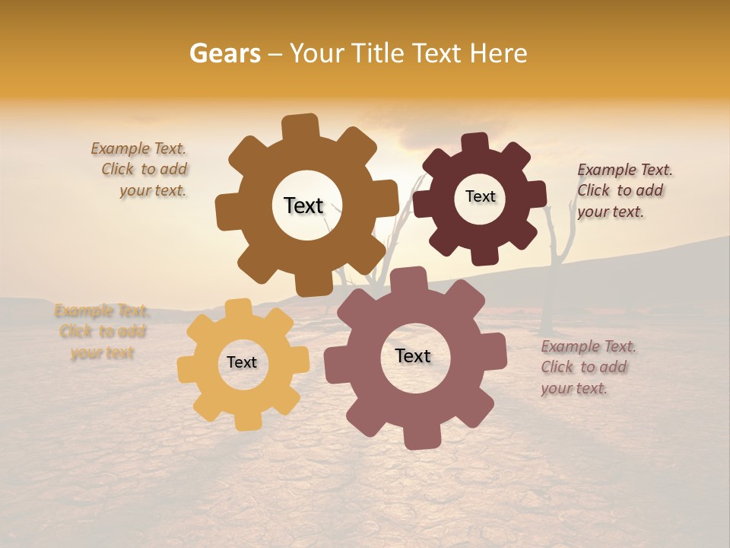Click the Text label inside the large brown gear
(x=303, y=205)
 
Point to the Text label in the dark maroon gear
(x=480, y=196)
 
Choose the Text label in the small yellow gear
(x=242, y=362)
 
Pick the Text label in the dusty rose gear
(x=413, y=355)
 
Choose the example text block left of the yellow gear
(x=102, y=331)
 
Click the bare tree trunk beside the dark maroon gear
(x=551, y=266)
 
